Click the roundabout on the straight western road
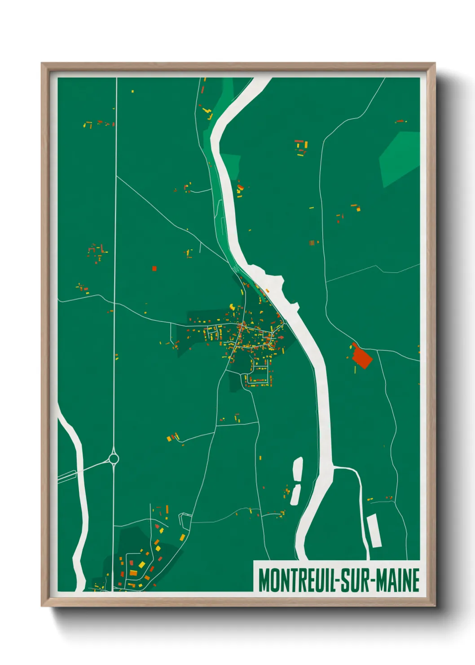click(x=114, y=459)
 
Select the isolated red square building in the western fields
click(x=154, y=268)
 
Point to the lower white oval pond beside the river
click(x=296, y=494)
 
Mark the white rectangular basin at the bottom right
click(x=374, y=531)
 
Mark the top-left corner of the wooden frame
click(x=42, y=64)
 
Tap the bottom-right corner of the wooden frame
click(x=434, y=606)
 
